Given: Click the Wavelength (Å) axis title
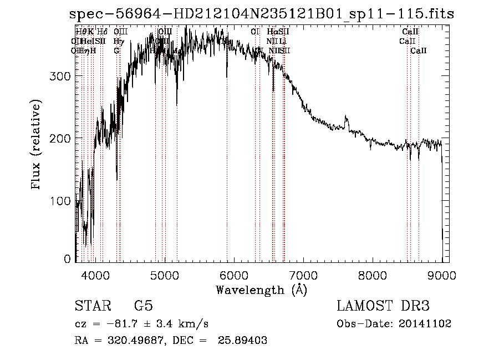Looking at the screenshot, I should click(x=261, y=290).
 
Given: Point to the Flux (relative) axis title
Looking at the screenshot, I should click(x=37, y=145).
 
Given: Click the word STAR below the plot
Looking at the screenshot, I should click(x=91, y=306).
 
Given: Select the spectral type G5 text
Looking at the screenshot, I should click(x=143, y=306).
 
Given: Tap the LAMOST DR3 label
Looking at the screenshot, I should click(x=383, y=306).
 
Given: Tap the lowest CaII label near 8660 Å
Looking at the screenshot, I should click(x=419, y=50).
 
